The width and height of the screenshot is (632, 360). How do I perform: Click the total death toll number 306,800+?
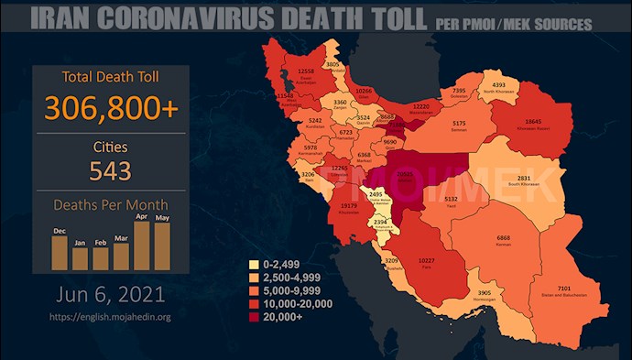(x=110, y=108)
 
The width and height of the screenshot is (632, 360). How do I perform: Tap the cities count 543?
(x=110, y=170)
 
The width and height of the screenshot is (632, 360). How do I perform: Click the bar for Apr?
(x=142, y=245)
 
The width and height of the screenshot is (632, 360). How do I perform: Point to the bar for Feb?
(x=101, y=256)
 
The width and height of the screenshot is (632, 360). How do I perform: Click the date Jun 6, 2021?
(x=110, y=295)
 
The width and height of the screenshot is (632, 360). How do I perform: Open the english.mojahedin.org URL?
(x=110, y=317)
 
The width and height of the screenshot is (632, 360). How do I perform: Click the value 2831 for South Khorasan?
(x=549, y=180)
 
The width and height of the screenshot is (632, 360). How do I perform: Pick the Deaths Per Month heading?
(x=110, y=205)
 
